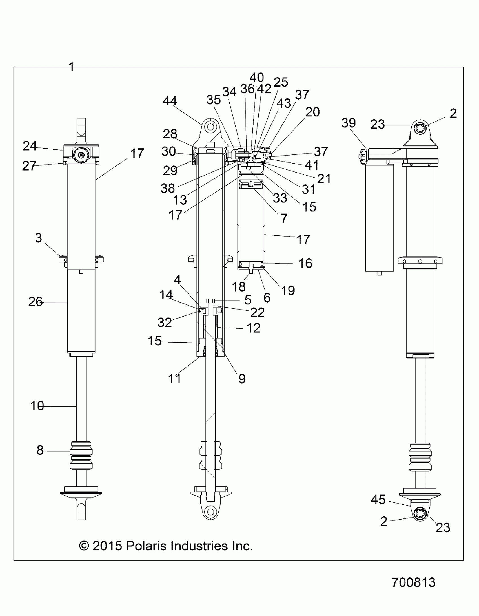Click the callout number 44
[x=170, y=101]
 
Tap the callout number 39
[x=349, y=123]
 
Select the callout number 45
[x=378, y=500]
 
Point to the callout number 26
[x=35, y=302]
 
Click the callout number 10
[x=37, y=406]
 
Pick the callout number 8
[x=40, y=450]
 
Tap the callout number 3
[x=38, y=238]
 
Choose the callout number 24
[x=30, y=146]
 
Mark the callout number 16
[x=305, y=263]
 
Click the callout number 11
[x=174, y=379]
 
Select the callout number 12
[x=253, y=328]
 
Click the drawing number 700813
[x=413, y=582]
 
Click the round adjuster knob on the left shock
[x=81, y=155]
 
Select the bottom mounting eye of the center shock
[x=210, y=511]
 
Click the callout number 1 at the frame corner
[x=72, y=67]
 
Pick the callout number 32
[x=165, y=323]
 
